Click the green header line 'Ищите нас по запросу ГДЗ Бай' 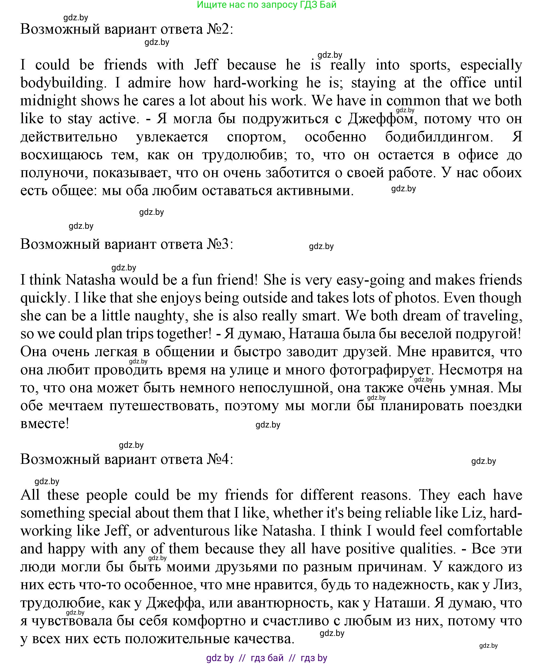(266, 5)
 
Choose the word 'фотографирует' (380, 370)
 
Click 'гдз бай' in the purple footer (267, 658)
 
